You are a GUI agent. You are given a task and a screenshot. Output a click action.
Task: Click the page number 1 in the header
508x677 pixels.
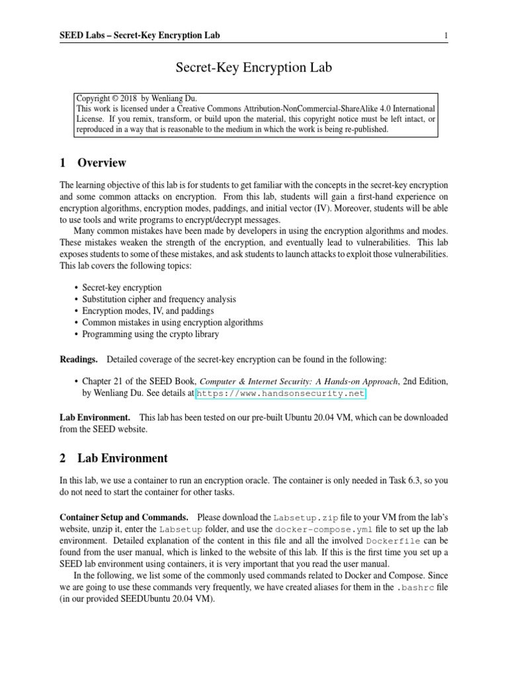(447, 35)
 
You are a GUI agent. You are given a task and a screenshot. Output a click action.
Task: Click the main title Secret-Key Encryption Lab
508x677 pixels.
(253, 67)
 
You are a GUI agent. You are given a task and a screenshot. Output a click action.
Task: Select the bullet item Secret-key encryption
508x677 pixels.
(122, 288)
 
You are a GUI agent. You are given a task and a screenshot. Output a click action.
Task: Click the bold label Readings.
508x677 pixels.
(79, 358)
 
